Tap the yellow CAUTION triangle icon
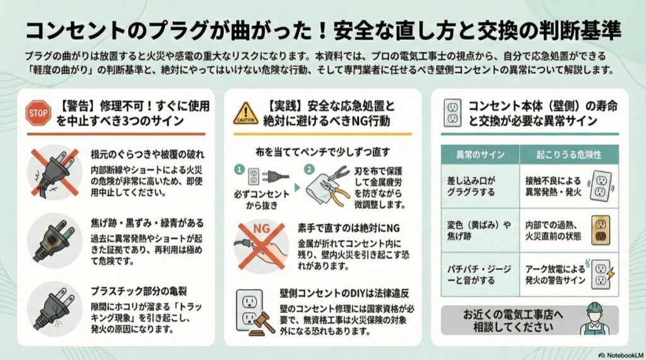click(x=245, y=113)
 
